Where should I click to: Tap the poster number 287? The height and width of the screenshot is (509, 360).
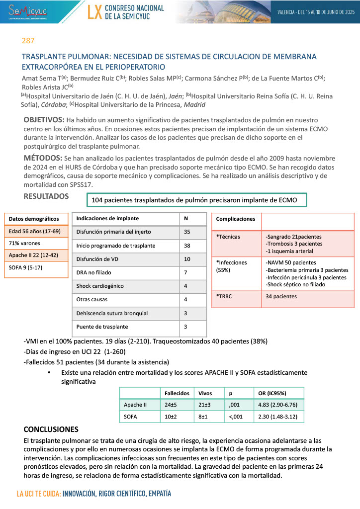click(28, 41)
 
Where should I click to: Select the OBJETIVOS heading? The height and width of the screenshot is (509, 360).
click(44, 120)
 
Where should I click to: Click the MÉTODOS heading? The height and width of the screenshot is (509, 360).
click(42, 158)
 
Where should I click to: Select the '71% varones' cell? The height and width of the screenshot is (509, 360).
click(25, 244)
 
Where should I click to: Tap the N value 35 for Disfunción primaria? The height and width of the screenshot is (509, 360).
click(187, 232)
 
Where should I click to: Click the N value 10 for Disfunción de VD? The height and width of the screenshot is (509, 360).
click(187, 259)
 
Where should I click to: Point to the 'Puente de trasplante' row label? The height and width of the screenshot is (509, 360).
click(102, 327)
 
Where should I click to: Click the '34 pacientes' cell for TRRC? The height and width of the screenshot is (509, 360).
click(281, 296)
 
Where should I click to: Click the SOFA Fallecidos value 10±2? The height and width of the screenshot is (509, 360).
click(172, 417)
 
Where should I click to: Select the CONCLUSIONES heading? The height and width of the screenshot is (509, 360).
click(51, 429)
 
